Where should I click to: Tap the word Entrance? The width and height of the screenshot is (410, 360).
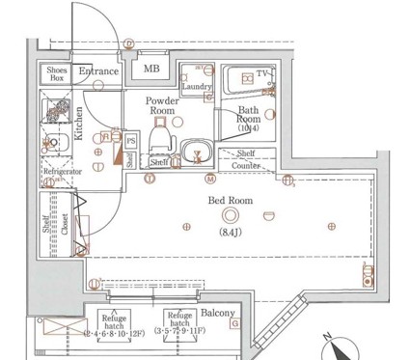click(98, 70)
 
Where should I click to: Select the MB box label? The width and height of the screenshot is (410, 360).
click(152, 69)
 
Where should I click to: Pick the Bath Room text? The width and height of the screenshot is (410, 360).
click(255, 117)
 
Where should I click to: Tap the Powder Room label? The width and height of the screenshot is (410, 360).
click(162, 106)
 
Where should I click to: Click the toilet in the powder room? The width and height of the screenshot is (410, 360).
click(162, 145)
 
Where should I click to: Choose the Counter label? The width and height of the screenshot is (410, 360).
click(249, 166)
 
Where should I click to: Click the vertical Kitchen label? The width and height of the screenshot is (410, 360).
click(79, 123)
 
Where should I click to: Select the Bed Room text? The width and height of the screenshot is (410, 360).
click(230, 201)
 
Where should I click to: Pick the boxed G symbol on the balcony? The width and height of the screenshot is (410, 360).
click(234, 324)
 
